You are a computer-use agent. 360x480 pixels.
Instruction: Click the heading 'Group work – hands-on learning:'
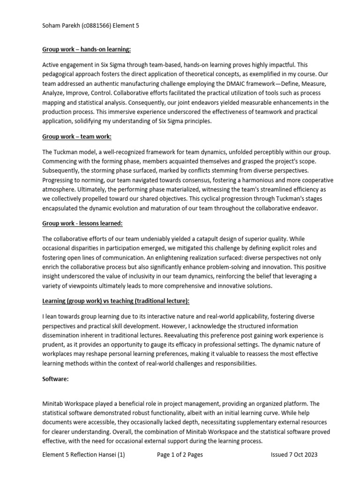pos(87,49)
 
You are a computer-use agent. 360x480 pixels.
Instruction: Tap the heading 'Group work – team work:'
pos(77,136)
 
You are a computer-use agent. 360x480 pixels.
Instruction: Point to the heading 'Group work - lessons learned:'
pos(83,224)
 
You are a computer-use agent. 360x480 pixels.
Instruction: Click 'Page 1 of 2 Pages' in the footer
pos(180,455)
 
